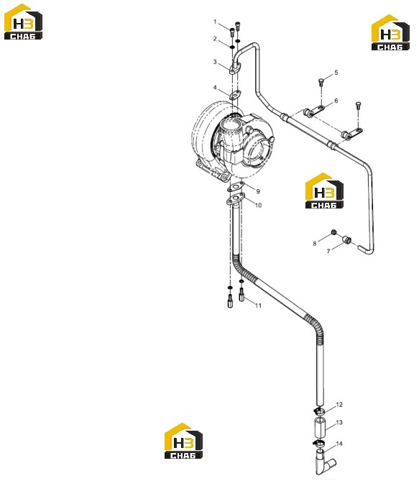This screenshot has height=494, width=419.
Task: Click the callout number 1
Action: (215, 22)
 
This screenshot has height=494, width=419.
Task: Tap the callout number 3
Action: (215, 62)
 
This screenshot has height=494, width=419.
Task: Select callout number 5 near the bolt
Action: (336, 73)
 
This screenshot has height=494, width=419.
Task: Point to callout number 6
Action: (336, 101)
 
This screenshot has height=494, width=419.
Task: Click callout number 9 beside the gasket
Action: (258, 191)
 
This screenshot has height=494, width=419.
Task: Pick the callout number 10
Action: (258, 206)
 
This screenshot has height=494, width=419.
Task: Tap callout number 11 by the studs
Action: (258, 306)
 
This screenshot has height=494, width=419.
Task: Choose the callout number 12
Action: (339, 405)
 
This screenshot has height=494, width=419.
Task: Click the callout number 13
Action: (339, 422)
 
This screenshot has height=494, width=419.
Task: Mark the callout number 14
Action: (339, 444)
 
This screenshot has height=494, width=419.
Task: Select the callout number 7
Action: (328, 251)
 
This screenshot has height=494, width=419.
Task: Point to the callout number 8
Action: (315, 244)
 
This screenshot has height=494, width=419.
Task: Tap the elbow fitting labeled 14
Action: (323, 462)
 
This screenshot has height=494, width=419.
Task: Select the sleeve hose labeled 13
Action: (321, 426)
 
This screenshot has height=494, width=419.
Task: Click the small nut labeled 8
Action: (333, 232)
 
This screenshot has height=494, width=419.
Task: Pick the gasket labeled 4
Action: (234, 95)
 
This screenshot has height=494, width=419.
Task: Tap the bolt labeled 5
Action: (321, 82)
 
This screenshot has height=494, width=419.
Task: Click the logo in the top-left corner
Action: (23, 22)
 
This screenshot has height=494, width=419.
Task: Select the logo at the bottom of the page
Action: (183, 441)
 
